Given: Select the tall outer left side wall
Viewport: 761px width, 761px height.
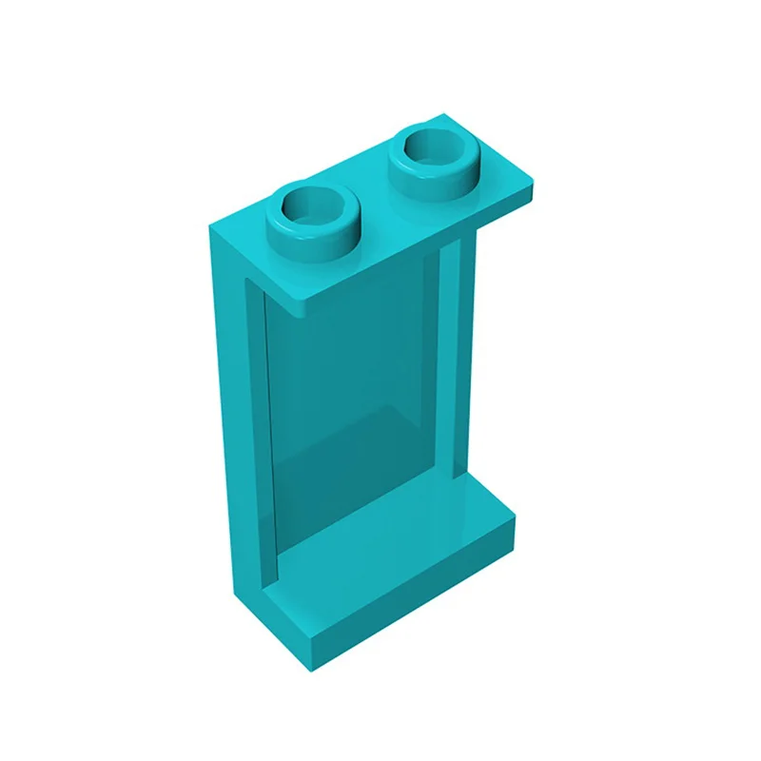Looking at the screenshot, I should [x=228, y=428].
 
